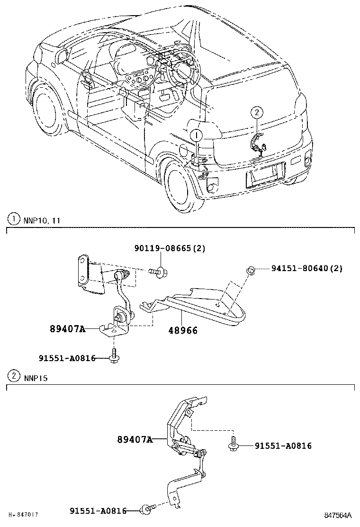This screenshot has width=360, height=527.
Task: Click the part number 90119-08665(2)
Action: coord(170,249)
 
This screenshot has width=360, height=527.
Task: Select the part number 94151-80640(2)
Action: coord(306,268)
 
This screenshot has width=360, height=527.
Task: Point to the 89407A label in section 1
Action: coord(67,329)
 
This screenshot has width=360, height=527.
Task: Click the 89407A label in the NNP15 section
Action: coord(135,440)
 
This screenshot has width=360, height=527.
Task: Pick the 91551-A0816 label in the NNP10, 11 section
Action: coord(67,358)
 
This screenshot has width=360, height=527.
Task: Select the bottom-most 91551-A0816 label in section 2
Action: coord(98,510)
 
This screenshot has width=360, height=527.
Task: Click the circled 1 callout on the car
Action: coord(196,136)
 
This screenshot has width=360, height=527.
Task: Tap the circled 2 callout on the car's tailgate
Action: coord(256,112)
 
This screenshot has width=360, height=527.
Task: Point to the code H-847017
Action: coord(23,514)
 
